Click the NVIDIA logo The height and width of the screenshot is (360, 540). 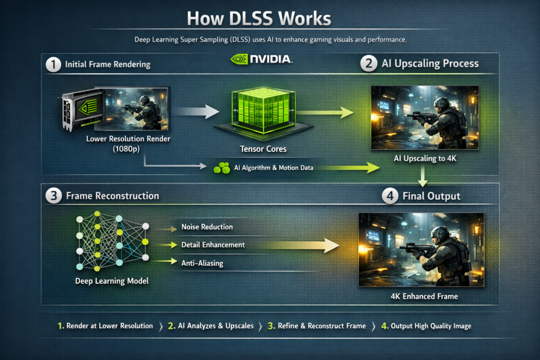pyautogui.click(x=261, y=59)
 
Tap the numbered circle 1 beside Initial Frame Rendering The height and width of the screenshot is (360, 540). pyautogui.click(x=53, y=65)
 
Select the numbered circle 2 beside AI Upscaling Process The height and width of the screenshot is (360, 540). pyautogui.click(x=368, y=64)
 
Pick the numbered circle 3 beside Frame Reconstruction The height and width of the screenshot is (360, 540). pyautogui.click(x=53, y=196)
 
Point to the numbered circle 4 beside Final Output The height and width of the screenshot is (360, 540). pyautogui.click(x=390, y=196)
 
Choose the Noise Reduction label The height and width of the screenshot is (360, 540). pyautogui.click(x=207, y=227)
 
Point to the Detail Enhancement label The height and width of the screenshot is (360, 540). pyautogui.click(x=213, y=245)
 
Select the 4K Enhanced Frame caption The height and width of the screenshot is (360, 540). pyautogui.click(x=420, y=296)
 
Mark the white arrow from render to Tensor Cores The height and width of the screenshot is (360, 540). pyautogui.click(x=196, y=111)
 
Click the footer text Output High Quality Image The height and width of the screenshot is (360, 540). pyautogui.click(x=431, y=326)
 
